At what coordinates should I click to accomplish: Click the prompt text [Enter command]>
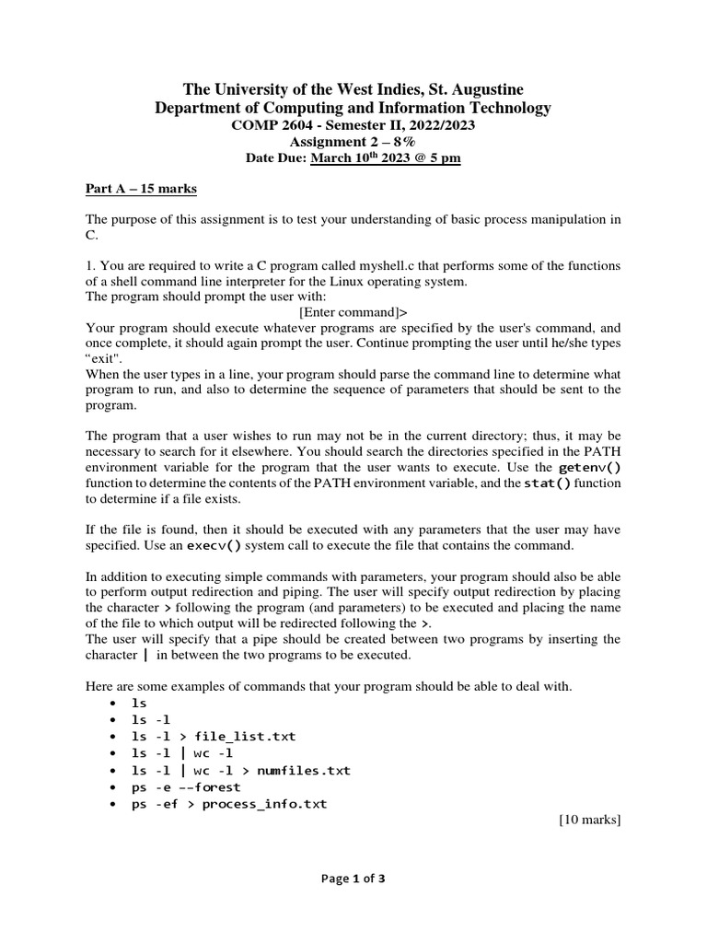pos(353,312)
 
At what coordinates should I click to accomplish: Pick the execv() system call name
pos(218,545)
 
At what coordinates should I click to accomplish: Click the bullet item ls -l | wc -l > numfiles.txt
pos(240,769)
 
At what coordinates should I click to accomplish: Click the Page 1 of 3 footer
pos(353,878)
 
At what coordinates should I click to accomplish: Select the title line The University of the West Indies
pos(353,89)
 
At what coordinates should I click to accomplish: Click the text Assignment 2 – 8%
pos(353,142)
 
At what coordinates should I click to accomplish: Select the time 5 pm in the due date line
pos(442,157)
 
